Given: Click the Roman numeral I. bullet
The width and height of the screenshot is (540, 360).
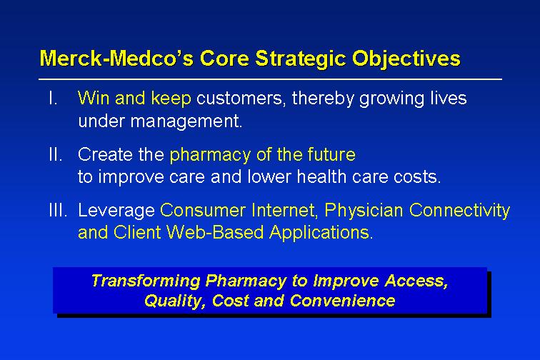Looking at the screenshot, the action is tap(53, 98).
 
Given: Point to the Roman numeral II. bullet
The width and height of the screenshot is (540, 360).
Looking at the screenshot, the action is tap(56, 154).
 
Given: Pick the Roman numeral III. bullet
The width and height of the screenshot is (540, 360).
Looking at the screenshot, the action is tap(58, 210).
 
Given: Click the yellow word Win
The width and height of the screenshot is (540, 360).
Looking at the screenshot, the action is tap(94, 98).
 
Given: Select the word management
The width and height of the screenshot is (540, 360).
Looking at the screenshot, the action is tap(186, 121).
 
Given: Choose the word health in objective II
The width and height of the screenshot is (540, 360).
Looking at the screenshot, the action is tap(321, 176).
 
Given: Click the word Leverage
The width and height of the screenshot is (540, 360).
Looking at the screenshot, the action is tap(116, 211).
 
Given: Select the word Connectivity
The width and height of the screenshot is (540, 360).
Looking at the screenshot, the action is tap(459, 211).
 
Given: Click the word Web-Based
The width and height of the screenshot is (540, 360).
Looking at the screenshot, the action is tap(215, 233).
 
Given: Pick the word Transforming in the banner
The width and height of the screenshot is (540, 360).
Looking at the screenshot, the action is tap(146, 281).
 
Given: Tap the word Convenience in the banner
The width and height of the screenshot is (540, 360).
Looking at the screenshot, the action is tap(342, 301).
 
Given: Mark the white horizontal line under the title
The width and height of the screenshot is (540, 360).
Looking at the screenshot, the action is tap(270, 79).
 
